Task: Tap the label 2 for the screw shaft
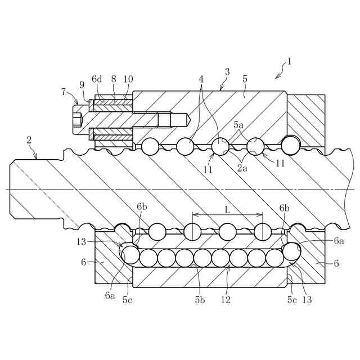pos(29,140)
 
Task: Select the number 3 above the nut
pos(227,72)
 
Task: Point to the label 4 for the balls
pos(201,79)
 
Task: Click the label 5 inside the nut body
pos(245,79)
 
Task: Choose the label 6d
pos(97,79)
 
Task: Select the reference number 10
pos(128,79)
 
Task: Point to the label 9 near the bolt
pos(82,84)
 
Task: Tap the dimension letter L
pos(227,209)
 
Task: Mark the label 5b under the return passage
pos(200,300)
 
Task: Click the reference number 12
pos(226,300)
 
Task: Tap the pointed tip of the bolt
pos(194,120)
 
